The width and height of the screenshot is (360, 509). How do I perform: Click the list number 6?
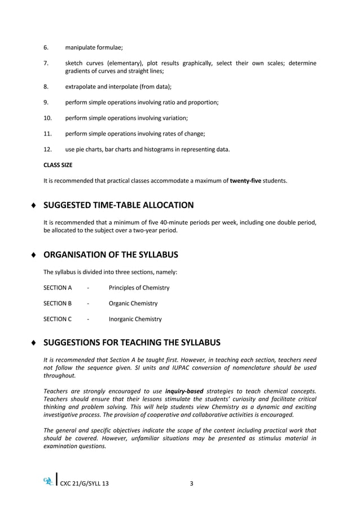46,47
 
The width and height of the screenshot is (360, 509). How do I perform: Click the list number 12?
47,149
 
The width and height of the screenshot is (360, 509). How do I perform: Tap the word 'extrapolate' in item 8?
81,87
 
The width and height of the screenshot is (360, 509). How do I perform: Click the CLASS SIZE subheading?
58,165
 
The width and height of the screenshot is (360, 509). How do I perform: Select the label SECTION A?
58,288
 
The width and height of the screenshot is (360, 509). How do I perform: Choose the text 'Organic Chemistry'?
133,304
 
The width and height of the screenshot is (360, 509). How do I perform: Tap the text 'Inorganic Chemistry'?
135,319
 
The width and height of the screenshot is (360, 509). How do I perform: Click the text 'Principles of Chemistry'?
139,288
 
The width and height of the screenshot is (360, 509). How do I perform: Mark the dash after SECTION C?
89,319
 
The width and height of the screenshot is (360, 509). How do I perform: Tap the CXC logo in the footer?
48,480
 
